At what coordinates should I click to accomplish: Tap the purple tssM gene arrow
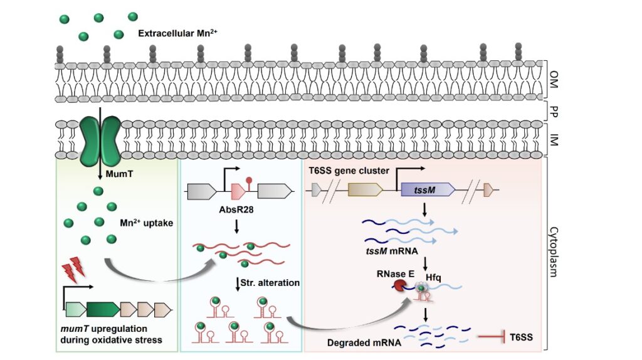point(426,189)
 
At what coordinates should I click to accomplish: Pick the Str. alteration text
point(270,282)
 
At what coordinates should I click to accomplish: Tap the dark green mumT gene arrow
point(103,309)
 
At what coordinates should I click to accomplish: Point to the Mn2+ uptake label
point(143,223)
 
